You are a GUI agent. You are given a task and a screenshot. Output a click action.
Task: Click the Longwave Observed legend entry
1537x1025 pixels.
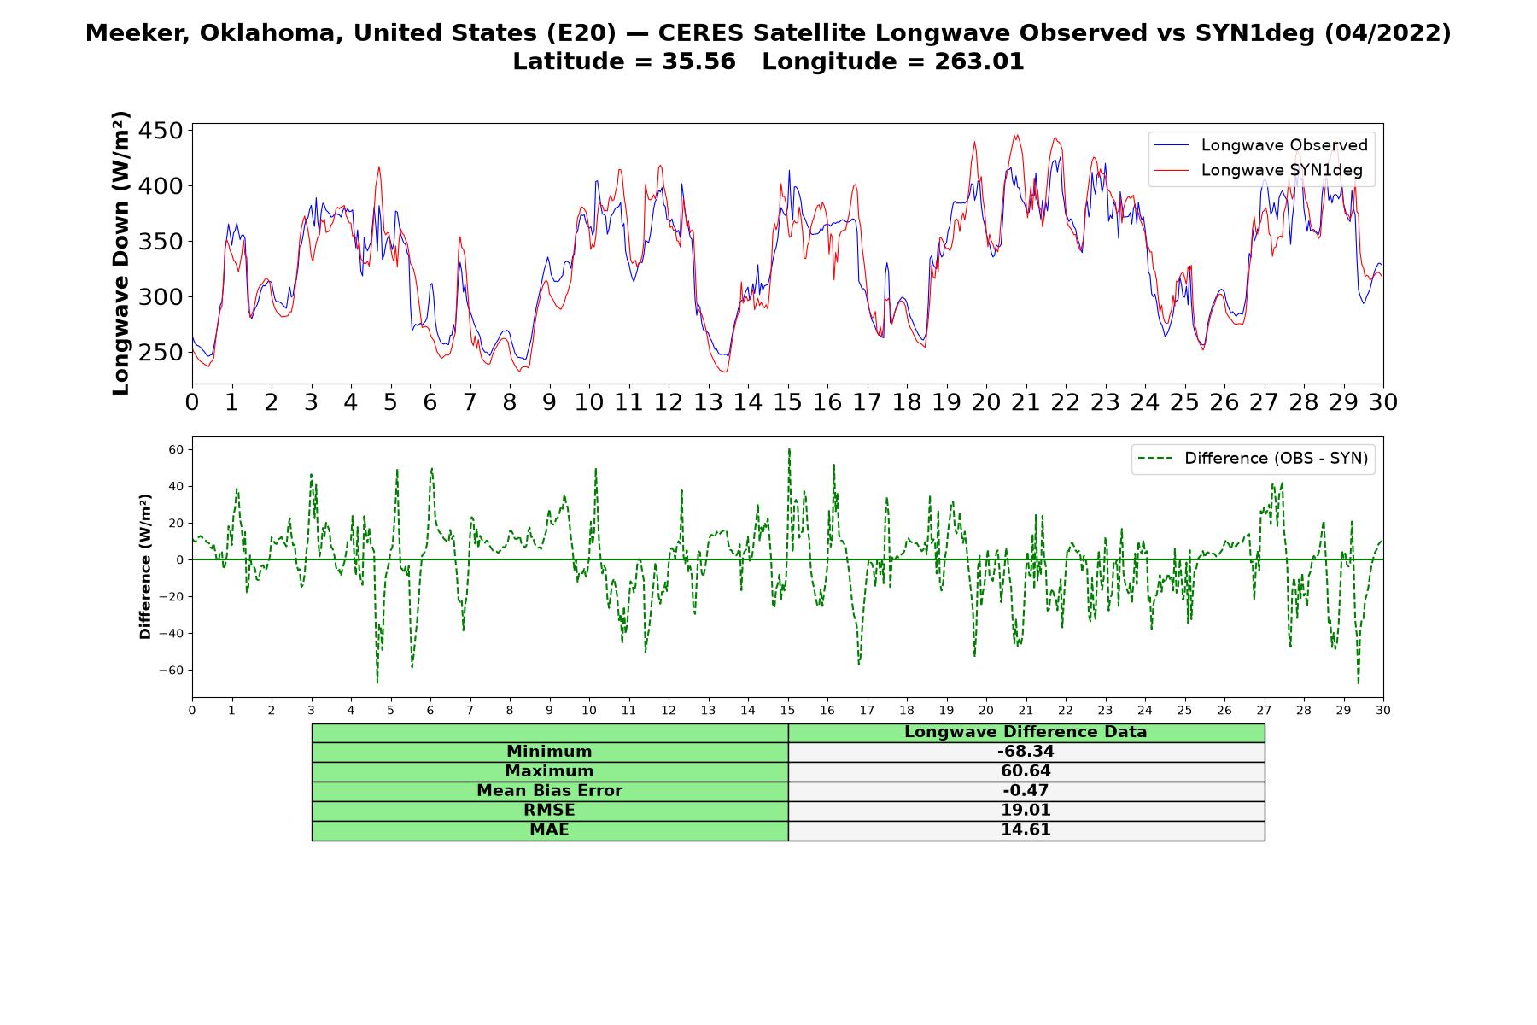point(1260,145)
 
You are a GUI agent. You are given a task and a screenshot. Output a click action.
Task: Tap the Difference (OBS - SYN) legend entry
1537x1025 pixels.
point(1253,459)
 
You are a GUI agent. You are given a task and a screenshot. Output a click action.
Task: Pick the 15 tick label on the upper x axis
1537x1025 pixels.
point(787,402)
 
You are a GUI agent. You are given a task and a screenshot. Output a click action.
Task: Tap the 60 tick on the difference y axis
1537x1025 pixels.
point(177,449)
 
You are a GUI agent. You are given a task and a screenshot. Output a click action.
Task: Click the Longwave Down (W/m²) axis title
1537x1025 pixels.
point(120,253)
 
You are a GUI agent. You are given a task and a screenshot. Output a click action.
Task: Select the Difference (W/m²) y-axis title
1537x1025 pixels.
point(145,566)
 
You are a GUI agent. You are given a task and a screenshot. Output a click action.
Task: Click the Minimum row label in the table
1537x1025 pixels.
point(549,752)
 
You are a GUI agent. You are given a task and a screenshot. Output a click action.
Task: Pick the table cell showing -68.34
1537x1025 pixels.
point(1026,752)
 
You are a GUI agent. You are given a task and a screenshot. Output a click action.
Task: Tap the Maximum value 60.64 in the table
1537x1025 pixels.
point(1026,771)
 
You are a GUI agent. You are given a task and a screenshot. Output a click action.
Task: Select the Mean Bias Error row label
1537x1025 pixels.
point(549,791)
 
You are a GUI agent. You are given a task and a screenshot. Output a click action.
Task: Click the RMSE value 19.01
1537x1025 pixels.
point(1026,811)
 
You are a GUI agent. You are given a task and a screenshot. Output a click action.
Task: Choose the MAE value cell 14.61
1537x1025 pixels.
point(1026,830)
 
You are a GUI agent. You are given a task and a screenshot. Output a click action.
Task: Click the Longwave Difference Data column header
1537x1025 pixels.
point(1026,732)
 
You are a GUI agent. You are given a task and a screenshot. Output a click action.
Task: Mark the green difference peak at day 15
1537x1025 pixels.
point(789,448)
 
